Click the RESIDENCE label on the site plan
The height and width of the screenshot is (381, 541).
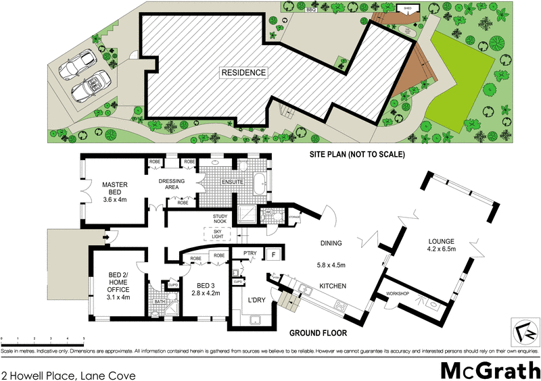click(244, 72)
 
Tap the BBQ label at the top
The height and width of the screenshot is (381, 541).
click(311, 11)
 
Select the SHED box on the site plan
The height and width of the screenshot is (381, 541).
click(408, 9)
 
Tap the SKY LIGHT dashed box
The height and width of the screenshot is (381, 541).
click(216, 234)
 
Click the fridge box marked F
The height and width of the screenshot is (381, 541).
click(274, 255)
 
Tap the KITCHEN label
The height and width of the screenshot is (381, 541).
click(332, 286)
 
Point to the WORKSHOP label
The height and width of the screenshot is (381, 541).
click(398, 293)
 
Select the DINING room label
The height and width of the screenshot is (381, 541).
click(332, 243)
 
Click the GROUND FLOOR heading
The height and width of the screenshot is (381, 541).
click(318, 333)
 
